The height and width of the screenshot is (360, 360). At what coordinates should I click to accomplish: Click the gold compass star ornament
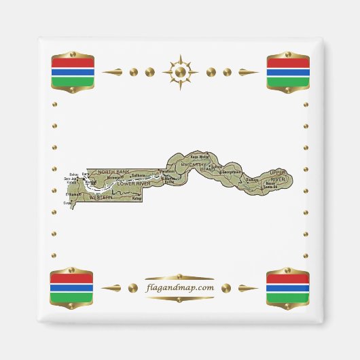(x=180, y=71)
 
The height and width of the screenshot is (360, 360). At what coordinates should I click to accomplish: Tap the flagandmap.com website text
(x=180, y=287)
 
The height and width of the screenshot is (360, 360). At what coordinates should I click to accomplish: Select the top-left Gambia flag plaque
(x=73, y=71)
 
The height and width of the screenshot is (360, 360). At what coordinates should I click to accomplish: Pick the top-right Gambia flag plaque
(x=288, y=71)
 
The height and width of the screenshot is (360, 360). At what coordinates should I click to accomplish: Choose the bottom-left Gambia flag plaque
(x=72, y=287)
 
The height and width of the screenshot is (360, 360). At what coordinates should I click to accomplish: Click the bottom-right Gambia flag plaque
(x=287, y=287)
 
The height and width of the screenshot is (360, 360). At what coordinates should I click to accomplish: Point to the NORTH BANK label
(x=113, y=172)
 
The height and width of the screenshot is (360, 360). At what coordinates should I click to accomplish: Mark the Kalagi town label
(x=136, y=200)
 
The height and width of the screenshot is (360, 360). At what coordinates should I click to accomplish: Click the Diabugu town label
(x=252, y=180)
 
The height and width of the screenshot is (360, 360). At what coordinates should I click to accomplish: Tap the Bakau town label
(x=73, y=175)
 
